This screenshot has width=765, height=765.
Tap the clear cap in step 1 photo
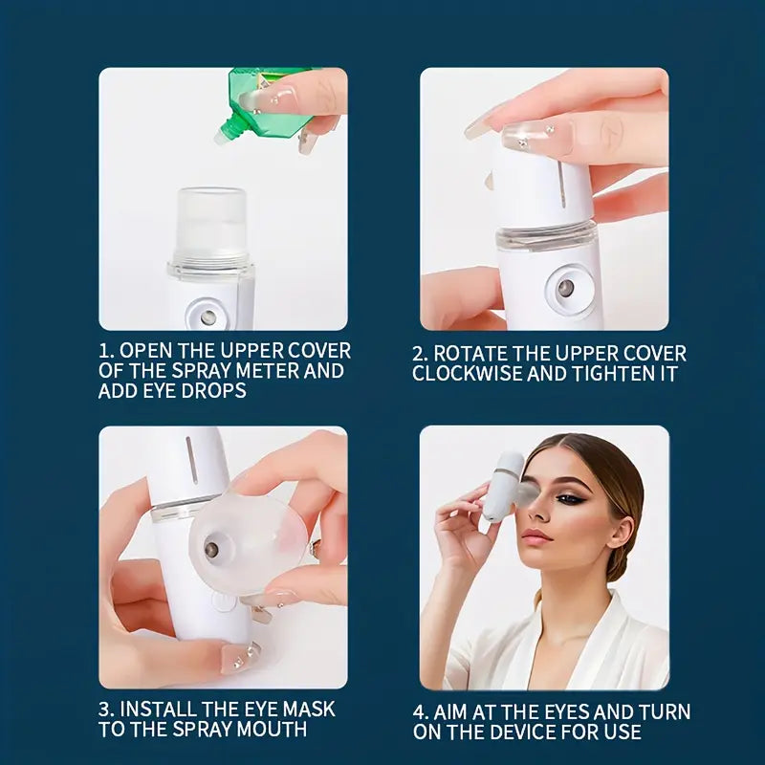pyautogui.click(x=212, y=225)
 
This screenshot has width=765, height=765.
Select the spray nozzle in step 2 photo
pyautogui.click(x=566, y=288)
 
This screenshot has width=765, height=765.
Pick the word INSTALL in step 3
pyautogui.click(x=164, y=710)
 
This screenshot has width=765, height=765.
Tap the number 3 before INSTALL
pyautogui.click(x=105, y=710)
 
